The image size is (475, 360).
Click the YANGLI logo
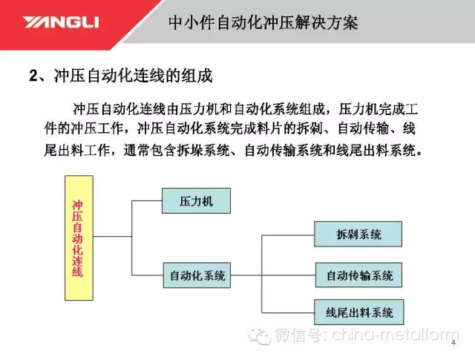[x=59, y=22]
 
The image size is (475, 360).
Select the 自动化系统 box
[x=196, y=276]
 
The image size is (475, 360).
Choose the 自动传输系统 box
[x=359, y=276]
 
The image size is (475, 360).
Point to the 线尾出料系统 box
[x=359, y=312]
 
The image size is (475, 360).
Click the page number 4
[x=453, y=344]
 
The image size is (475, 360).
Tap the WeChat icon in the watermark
[x=259, y=336]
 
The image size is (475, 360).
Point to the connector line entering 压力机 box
[x=147, y=200]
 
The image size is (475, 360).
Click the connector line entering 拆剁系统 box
[x=289, y=235]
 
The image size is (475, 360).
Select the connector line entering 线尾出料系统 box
[x=289, y=312]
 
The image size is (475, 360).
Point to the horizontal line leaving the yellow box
[x=111, y=238]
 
